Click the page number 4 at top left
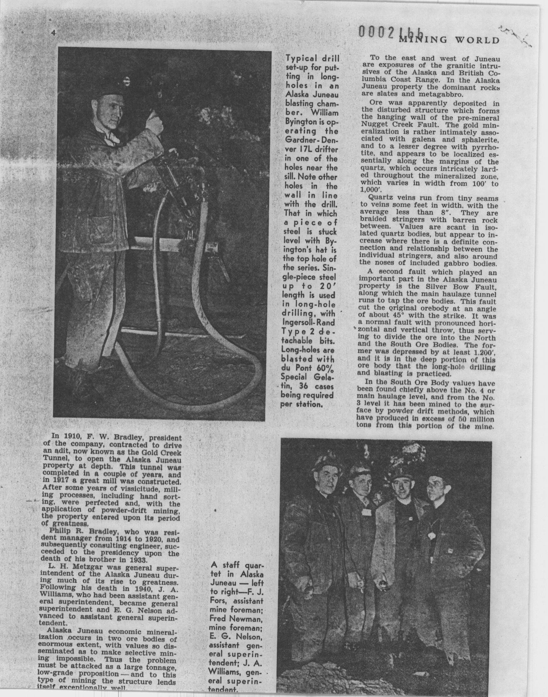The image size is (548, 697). tap(53, 33)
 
